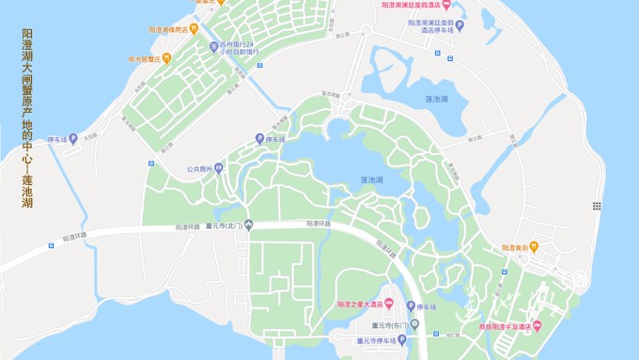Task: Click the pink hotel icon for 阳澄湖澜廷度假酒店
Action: (x=486, y=6)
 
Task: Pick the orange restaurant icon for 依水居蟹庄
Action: (x=166, y=58)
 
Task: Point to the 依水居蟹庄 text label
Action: (x=144, y=58)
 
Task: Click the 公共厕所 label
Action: (x=197, y=170)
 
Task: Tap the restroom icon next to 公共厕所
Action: (x=218, y=169)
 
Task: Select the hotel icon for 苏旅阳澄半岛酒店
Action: (x=538, y=327)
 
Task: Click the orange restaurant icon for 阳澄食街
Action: (x=534, y=247)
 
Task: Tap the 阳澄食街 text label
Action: (x=513, y=247)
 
